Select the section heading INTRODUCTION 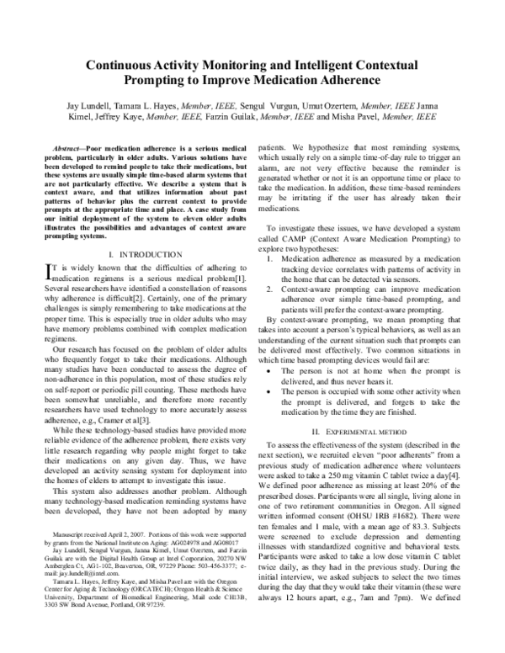coord(143,253)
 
